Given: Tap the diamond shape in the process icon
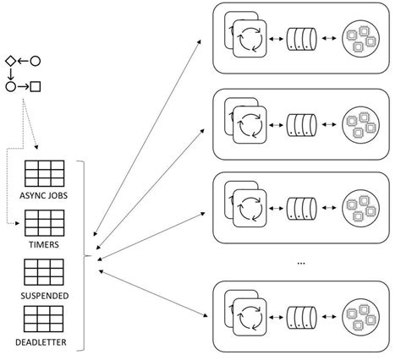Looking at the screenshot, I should click(x=10, y=61).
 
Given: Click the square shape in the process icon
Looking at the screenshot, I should click(x=36, y=85).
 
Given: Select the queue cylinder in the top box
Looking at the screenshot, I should click(x=303, y=39).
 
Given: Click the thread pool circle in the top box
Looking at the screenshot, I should click(x=359, y=39).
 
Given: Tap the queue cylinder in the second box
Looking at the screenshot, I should click(x=303, y=124).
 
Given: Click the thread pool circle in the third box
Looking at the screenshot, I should click(x=359, y=207).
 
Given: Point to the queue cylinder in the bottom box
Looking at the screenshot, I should click(x=303, y=317).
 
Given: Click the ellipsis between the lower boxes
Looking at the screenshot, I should click(x=301, y=263).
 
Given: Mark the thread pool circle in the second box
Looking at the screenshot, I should click(x=359, y=124).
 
